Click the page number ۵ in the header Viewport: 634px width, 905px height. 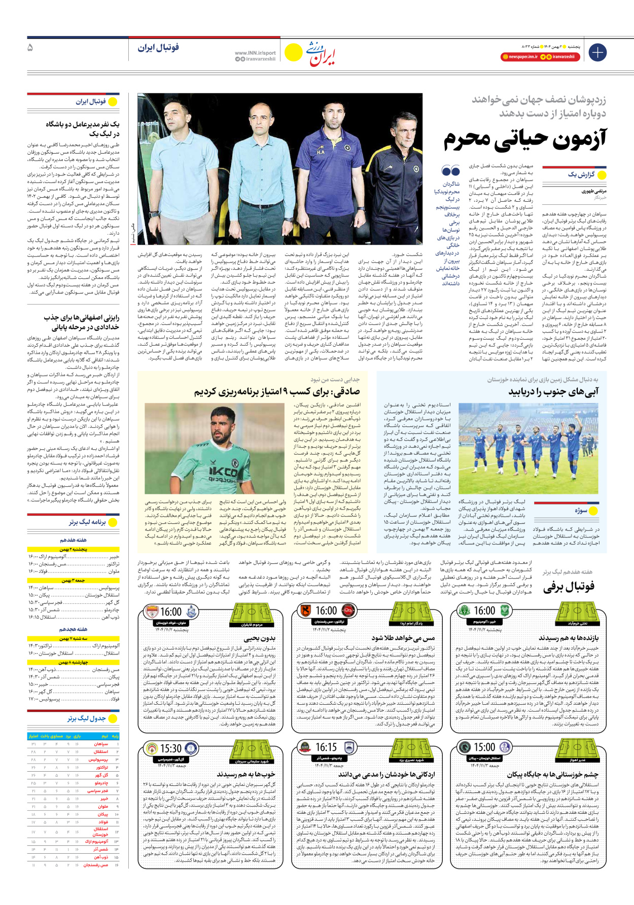[30, 48]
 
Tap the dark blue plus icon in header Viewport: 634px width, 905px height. [597, 52]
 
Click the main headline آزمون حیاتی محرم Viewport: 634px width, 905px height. [524, 140]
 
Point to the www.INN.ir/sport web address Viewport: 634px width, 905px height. [255, 53]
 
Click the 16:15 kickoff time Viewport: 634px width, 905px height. [326, 747]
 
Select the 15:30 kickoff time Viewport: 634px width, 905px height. [171, 748]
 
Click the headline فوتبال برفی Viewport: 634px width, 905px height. [569, 587]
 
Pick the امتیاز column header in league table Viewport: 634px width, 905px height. [33, 736]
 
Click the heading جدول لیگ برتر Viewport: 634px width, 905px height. [87, 718]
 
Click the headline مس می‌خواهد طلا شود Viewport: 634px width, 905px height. [403, 638]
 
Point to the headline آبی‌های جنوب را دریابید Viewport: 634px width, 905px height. [553, 392]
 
